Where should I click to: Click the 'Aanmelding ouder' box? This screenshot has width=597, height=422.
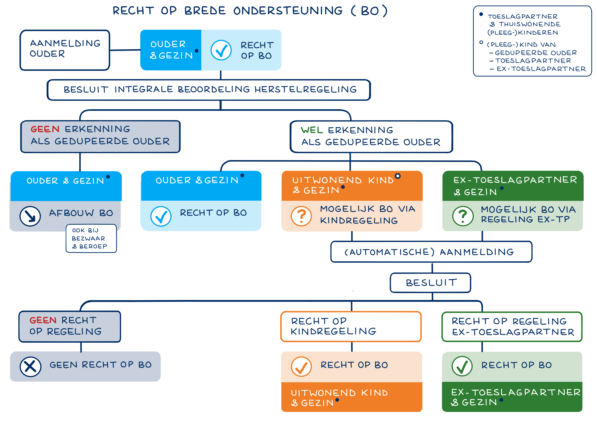click(x=65, y=50)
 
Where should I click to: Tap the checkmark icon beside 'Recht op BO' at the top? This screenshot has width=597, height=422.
click(x=221, y=50)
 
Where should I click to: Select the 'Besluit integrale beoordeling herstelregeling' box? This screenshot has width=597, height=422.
click(x=209, y=90)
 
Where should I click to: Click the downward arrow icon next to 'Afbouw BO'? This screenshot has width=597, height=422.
click(x=30, y=216)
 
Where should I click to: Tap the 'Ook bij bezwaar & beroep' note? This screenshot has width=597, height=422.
click(x=91, y=238)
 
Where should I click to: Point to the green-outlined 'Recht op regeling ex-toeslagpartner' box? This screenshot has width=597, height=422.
click(x=512, y=327)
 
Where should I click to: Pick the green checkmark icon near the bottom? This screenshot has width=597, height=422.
click(x=462, y=366)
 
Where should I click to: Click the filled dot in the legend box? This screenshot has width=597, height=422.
click(x=481, y=14)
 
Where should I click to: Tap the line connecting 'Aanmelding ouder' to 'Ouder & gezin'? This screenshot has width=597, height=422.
click(x=125, y=50)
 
